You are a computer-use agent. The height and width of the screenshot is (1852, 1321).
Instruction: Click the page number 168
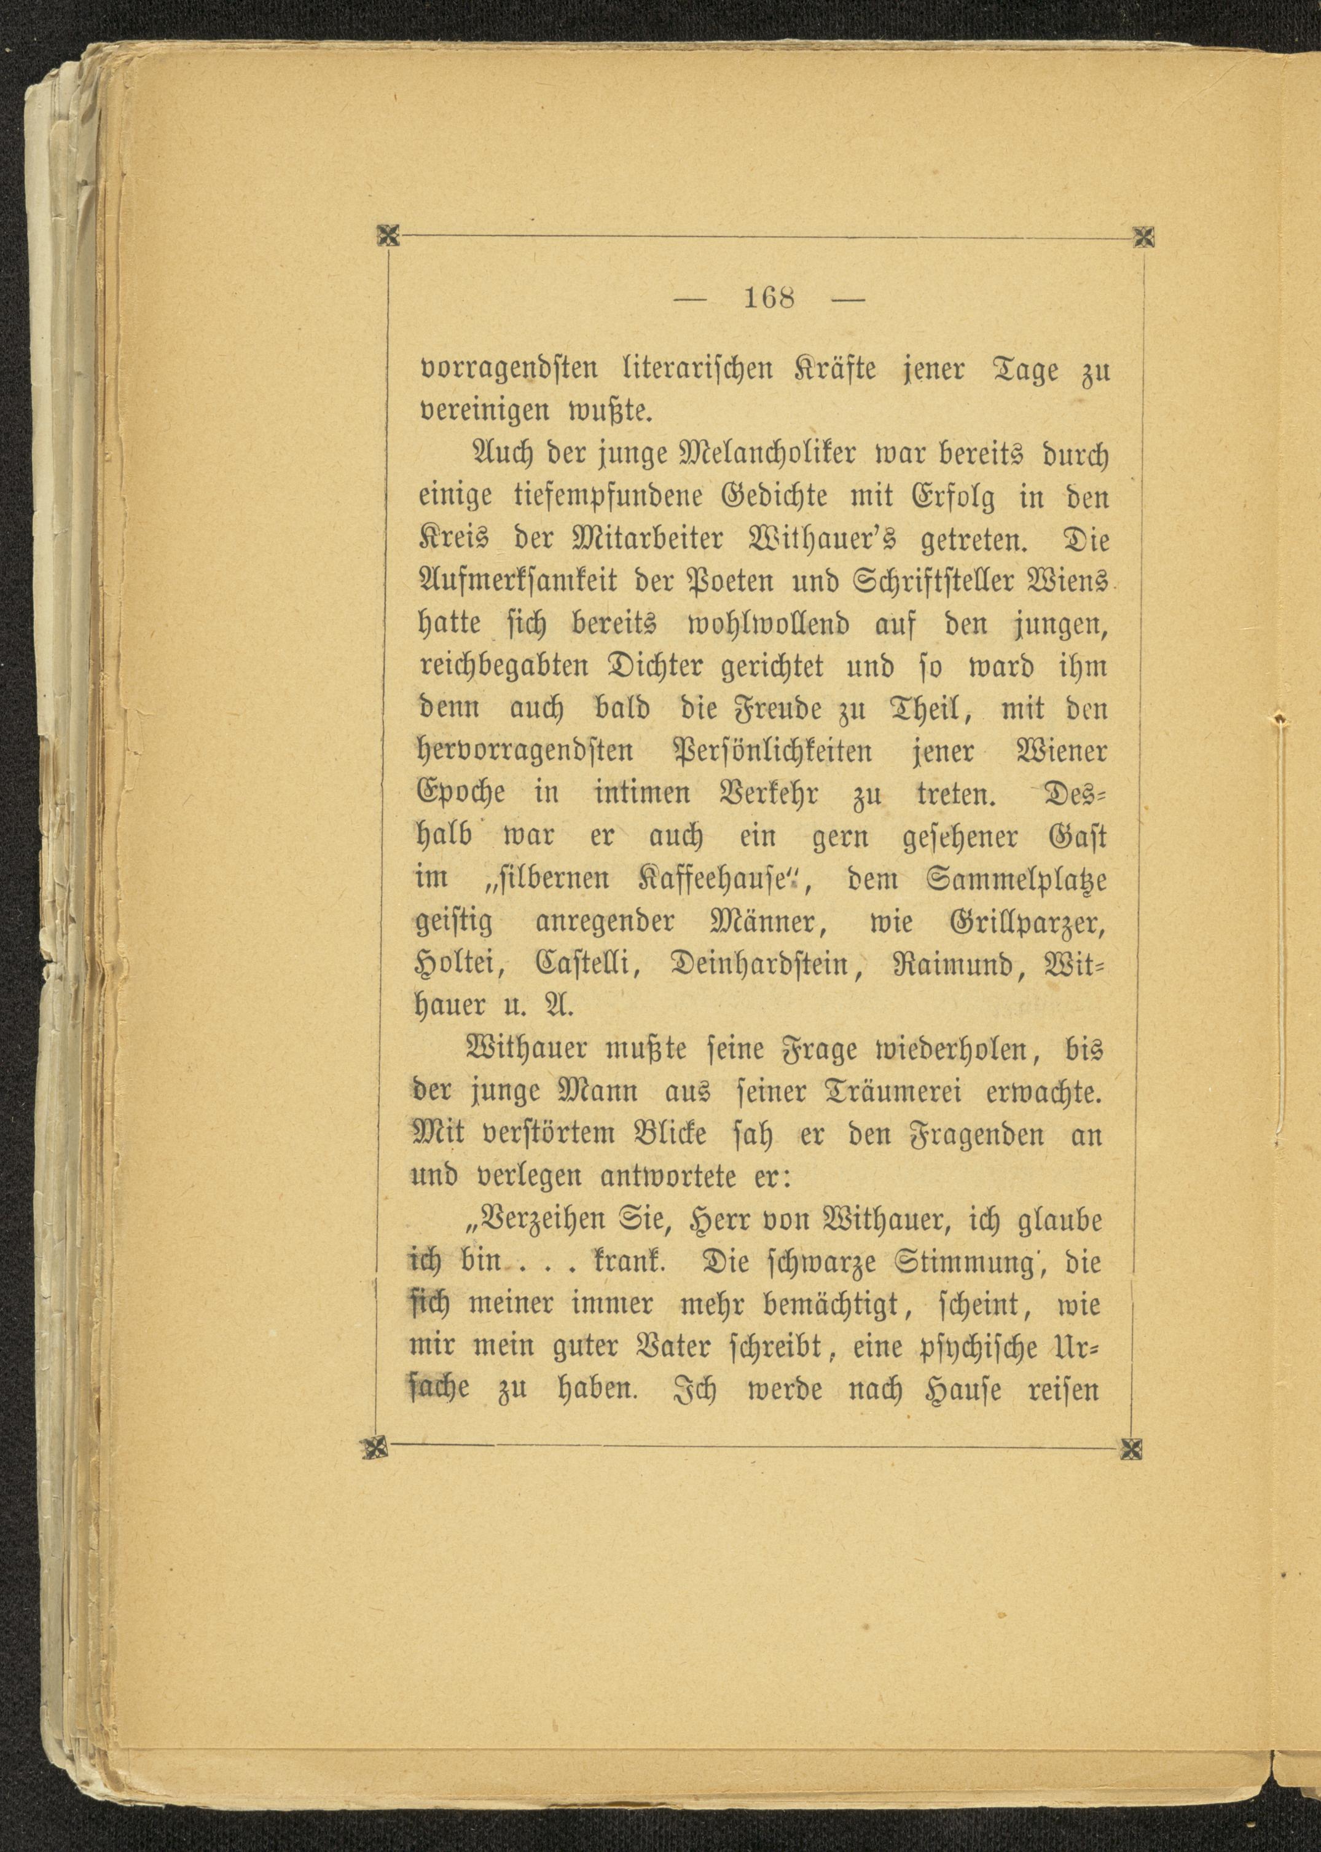769,298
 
